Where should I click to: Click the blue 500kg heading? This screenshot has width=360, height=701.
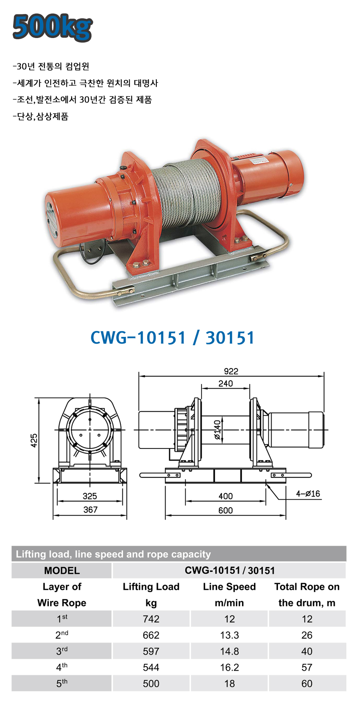click(52, 27)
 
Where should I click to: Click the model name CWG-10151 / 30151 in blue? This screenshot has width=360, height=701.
click(172, 338)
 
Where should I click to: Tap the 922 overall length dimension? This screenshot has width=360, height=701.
click(231, 371)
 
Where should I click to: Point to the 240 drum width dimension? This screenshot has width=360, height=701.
click(226, 383)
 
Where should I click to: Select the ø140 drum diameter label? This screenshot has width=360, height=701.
click(217, 430)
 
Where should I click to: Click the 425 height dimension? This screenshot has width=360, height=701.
click(34, 441)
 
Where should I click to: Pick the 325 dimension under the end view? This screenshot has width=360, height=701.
click(90, 496)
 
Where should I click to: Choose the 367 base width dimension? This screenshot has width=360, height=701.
click(90, 510)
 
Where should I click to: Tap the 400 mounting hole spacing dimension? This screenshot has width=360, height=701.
click(226, 496)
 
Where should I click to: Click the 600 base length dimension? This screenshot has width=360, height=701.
click(226, 511)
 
